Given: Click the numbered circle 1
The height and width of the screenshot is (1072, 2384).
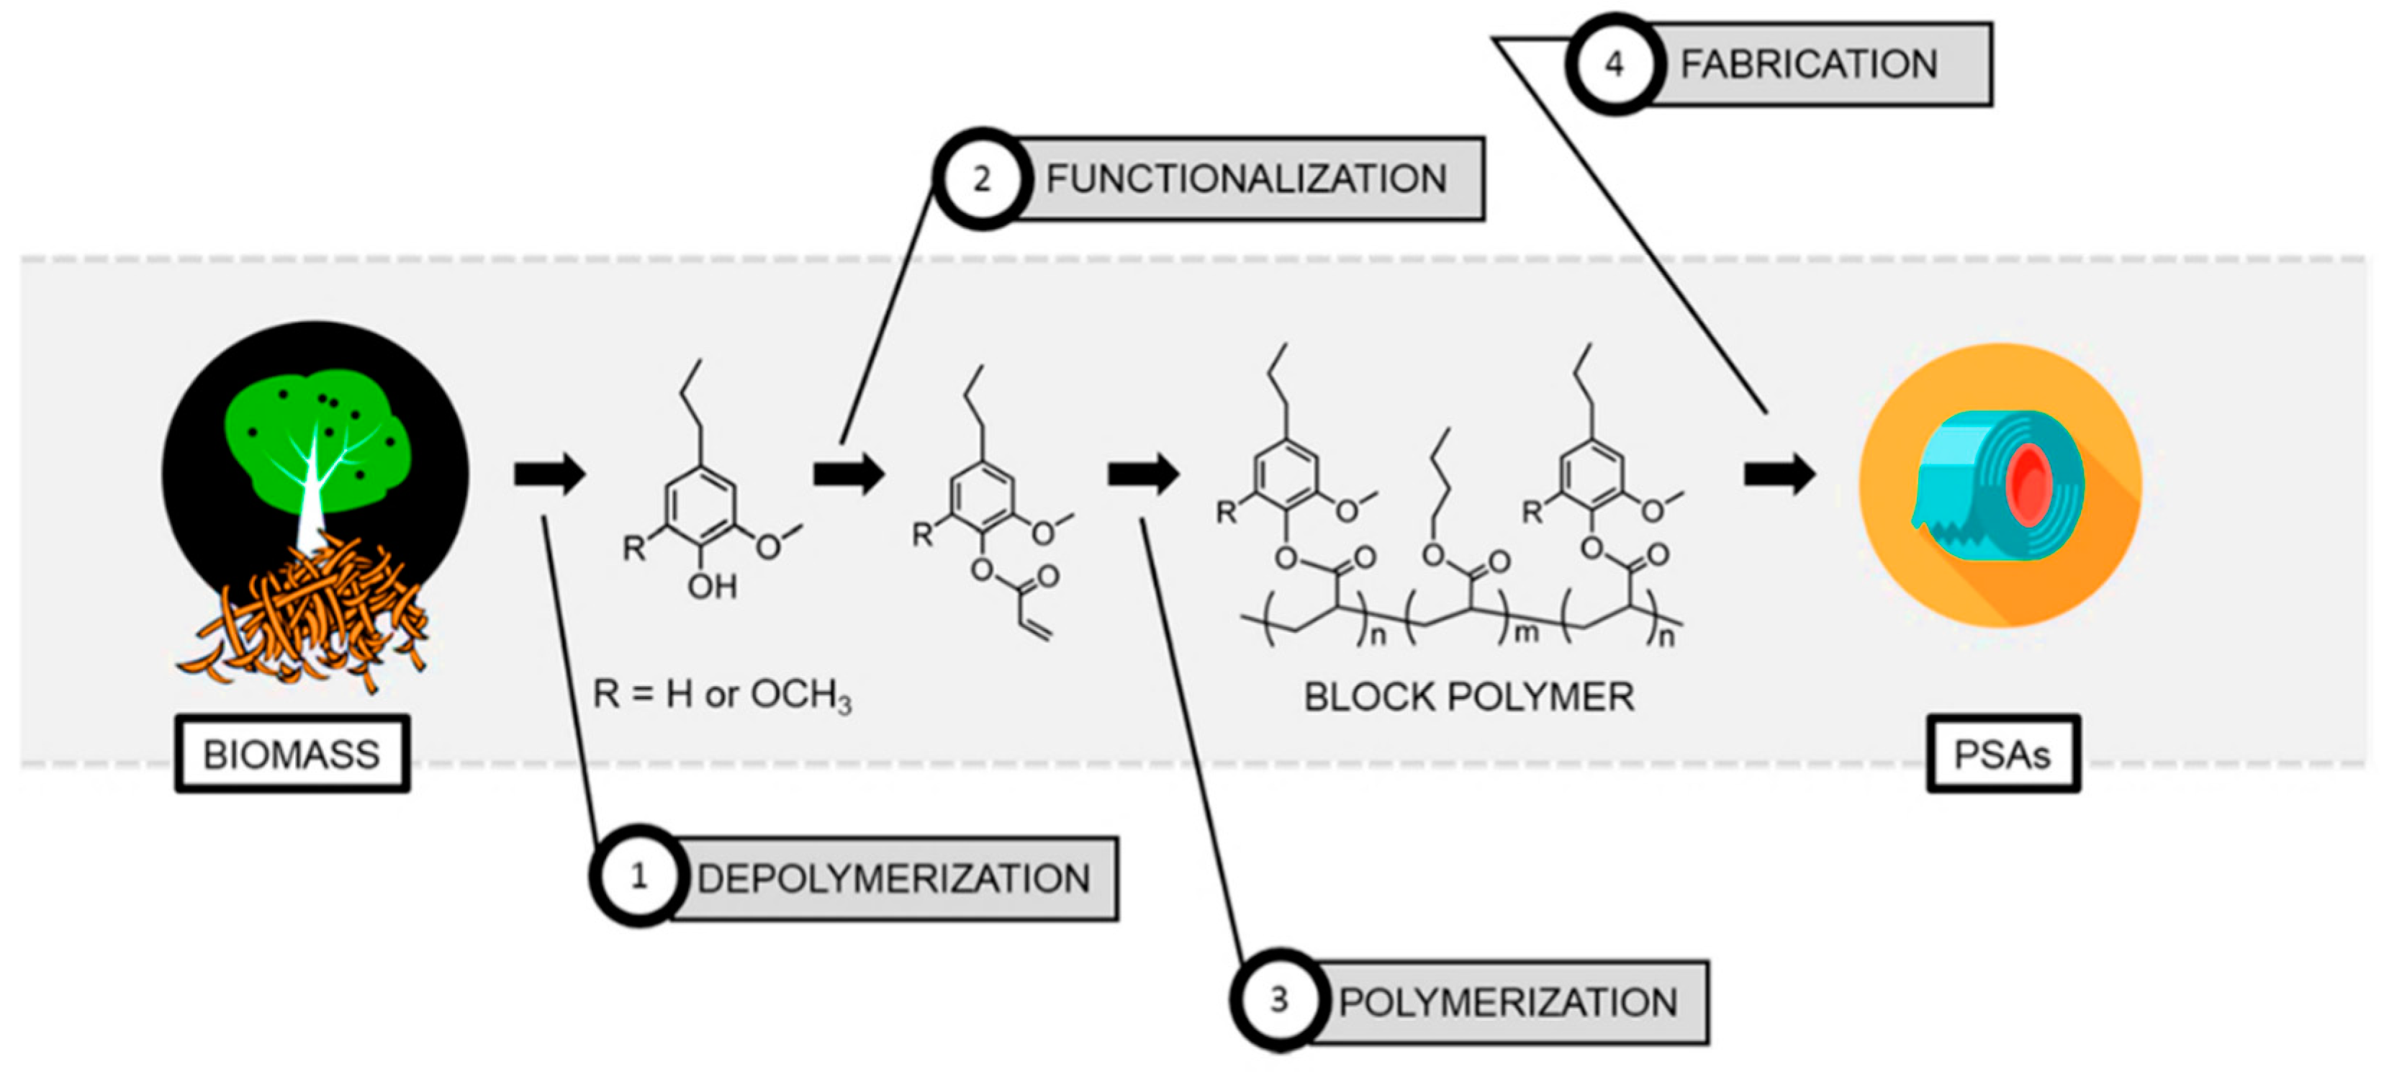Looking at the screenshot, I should point(638,875).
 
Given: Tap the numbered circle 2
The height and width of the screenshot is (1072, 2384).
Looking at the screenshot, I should point(981,178).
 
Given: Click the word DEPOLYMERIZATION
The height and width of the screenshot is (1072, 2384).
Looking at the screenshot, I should point(893,878).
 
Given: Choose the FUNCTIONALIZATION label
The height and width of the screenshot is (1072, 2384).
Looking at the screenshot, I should point(1246,179).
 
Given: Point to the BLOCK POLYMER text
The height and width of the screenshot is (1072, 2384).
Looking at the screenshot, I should point(1468,696).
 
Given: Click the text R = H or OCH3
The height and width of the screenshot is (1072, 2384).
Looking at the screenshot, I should point(722,694).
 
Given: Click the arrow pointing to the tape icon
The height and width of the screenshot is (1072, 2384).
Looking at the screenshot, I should point(1778,474).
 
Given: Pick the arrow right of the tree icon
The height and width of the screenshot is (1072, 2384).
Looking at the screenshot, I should point(550,474).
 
